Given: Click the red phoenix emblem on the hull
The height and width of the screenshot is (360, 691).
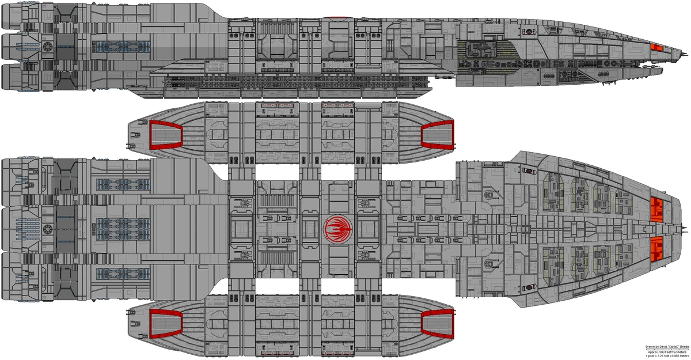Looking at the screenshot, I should pos(335,229).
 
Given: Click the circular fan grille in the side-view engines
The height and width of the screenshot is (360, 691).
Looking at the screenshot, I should pos(48,46).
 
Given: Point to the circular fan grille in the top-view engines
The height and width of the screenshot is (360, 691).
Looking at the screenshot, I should pos(48,229).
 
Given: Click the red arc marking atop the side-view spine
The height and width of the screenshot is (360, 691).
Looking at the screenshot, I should pos(335,17).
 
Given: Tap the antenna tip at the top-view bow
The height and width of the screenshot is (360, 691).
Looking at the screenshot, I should pos(688,229).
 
